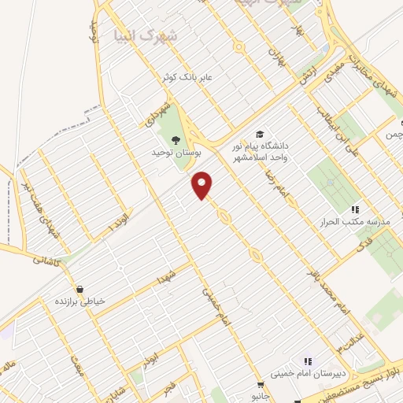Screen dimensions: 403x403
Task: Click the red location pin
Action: coord(202,185)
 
